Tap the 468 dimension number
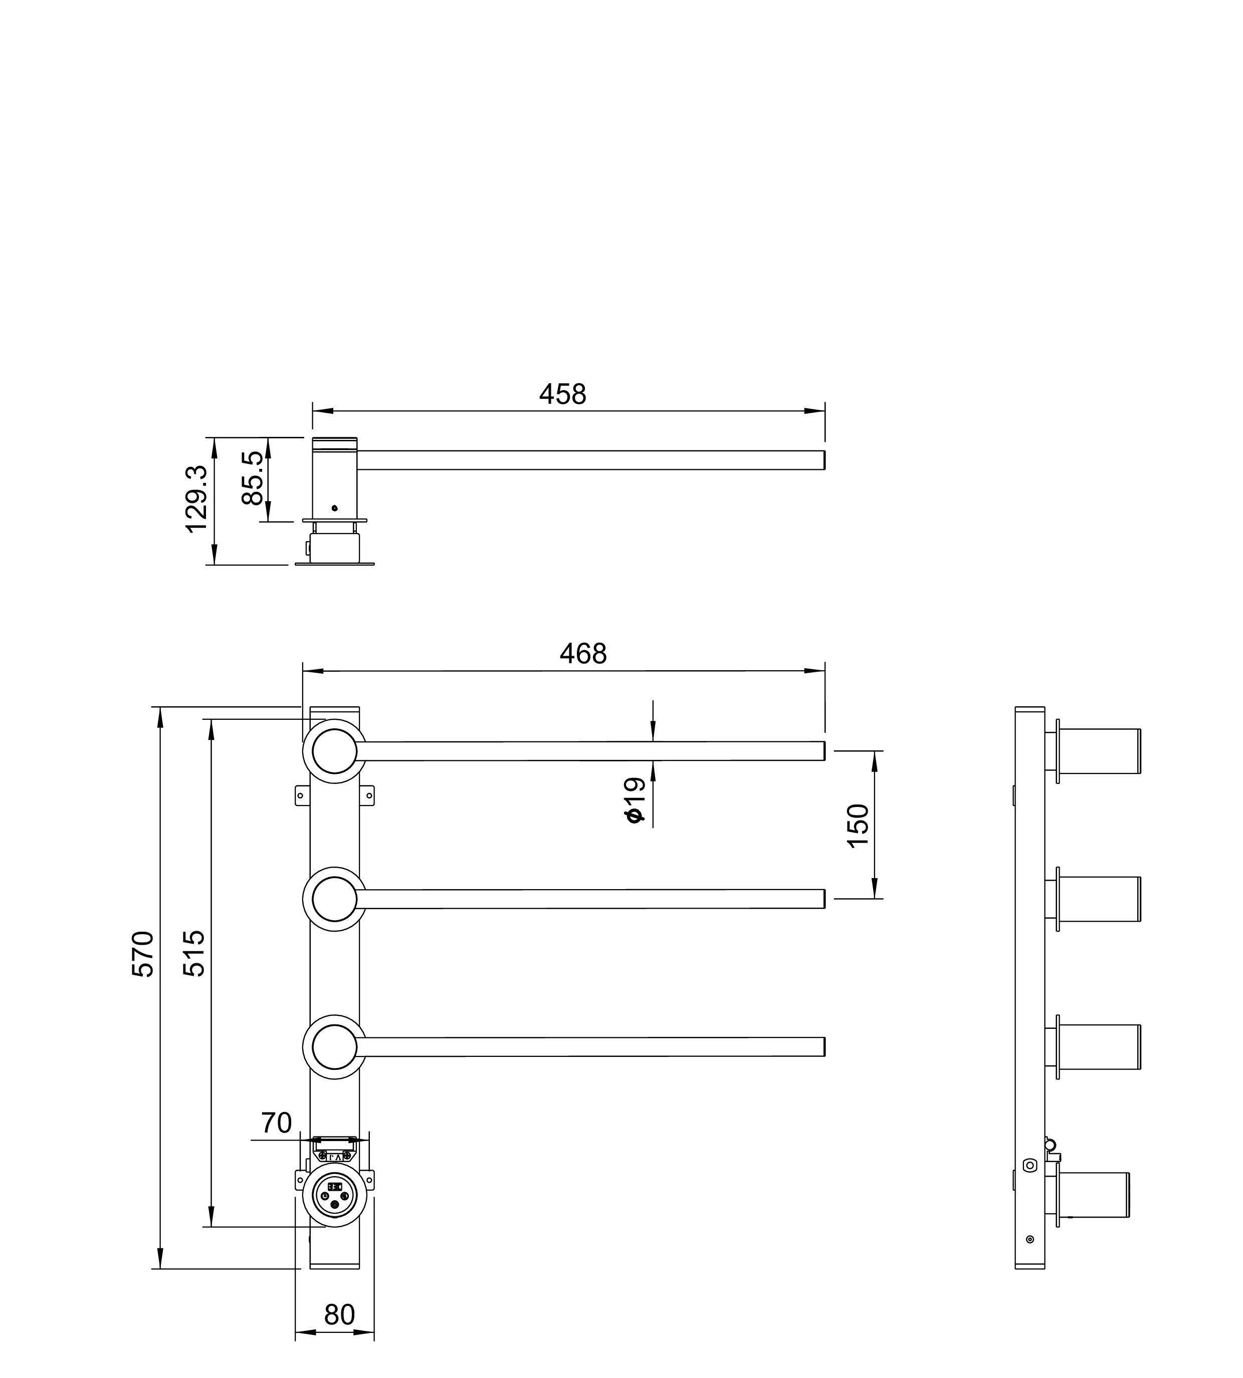click(x=583, y=654)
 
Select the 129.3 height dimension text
click(x=196, y=499)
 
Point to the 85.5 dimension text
click(x=253, y=478)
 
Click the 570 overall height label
click(x=143, y=953)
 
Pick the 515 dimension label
click(x=194, y=953)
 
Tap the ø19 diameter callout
click(x=635, y=799)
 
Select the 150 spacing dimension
click(x=858, y=825)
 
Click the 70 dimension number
click(x=277, y=1123)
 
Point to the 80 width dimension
click(x=339, y=1314)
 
